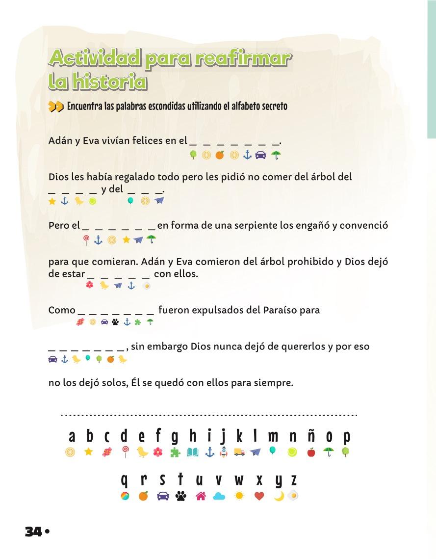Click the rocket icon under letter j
tap(224, 452)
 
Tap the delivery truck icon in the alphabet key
tap(239, 452)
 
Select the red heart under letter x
tap(259, 496)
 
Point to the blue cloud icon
tap(219, 496)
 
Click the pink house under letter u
tap(200, 496)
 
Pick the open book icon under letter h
tap(193, 452)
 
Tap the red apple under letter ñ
tap(311, 452)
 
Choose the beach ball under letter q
tap(125, 496)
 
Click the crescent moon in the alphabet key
tap(279, 496)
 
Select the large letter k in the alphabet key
tap(239, 436)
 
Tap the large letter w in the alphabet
tap(239, 480)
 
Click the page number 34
tap(33, 532)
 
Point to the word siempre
tap(275, 382)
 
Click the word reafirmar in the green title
tap(242, 59)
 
